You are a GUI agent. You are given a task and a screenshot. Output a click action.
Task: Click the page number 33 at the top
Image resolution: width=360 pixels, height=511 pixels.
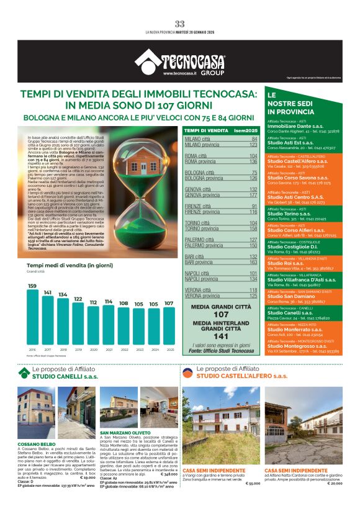point(179,24)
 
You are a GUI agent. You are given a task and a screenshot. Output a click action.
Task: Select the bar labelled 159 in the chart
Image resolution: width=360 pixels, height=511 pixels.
point(32,318)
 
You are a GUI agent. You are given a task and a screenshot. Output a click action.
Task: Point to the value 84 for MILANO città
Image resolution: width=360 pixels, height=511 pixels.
point(254,139)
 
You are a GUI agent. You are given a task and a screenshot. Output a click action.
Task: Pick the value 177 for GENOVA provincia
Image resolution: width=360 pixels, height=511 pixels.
point(253,194)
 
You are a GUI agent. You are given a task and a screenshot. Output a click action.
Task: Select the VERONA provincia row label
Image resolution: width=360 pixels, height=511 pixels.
point(204,296)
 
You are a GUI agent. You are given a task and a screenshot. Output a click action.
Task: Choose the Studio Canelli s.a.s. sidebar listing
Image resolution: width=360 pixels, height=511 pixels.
point(289,313)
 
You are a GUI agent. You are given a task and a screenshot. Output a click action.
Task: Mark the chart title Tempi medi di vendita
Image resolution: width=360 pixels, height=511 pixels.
point(60,266)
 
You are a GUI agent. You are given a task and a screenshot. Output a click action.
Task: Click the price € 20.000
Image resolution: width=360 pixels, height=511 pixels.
point(333,482)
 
